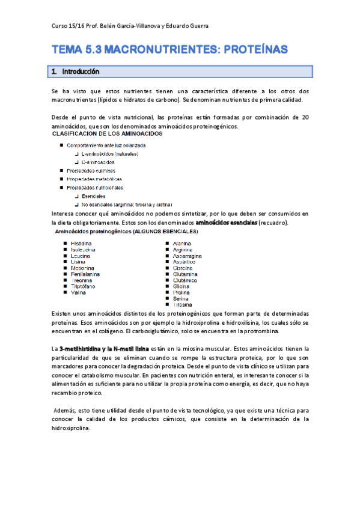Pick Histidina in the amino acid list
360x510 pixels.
pos(82,243)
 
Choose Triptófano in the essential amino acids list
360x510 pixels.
pos(83,286)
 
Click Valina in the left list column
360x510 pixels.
pos(78,292)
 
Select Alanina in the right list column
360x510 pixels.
pos(182,243)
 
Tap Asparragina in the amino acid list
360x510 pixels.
pos(187,256)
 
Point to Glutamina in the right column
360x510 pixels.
pos(185,274)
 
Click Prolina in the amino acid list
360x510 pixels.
pos(182,292)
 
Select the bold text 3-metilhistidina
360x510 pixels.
pos(82,349)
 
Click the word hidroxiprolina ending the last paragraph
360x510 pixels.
pos(72,428)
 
